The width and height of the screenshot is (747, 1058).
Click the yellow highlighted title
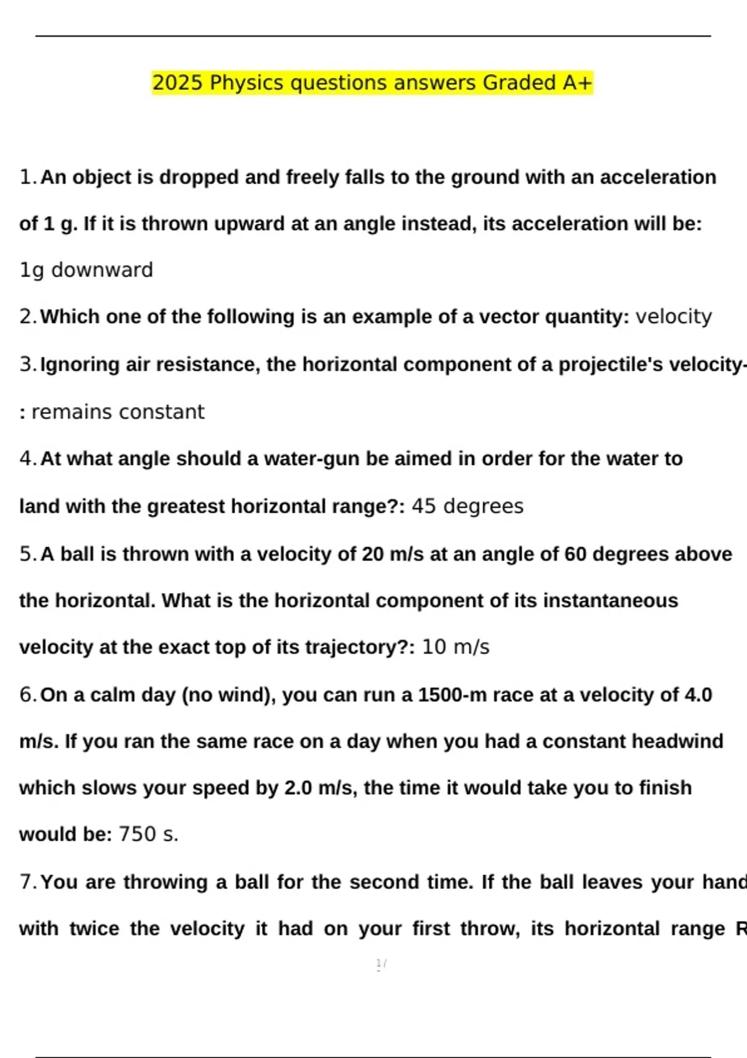coord(372,83)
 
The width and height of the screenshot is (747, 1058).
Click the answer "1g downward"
coord(87,270)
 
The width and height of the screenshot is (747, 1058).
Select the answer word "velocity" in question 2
coord(674,317)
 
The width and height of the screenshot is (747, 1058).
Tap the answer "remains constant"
coord(118,412)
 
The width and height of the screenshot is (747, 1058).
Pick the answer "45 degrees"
coord(467,507)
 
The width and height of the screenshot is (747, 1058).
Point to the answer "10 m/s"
coord(456,647)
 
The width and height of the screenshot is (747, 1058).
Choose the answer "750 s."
coord(149,835)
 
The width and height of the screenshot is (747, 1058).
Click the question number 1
coord(28,177)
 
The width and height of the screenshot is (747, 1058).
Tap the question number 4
coord(28,459)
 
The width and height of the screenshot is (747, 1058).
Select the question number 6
coord(28,695)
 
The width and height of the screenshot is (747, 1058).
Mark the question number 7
coord(28,882)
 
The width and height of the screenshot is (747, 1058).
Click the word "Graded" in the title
coord(520,83)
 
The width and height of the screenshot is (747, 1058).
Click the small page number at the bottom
coord(381,965)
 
